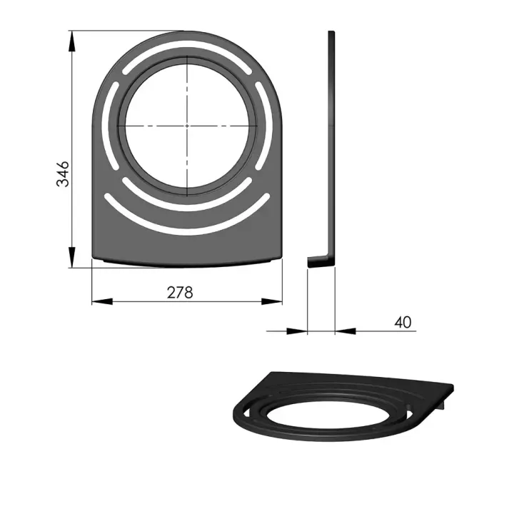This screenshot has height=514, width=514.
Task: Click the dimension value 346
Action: click(64, 174)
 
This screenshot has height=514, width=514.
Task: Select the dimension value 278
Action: click(180, 291)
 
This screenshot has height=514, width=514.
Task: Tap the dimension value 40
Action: click(403, 322)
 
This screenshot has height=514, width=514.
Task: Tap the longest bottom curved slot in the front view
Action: click(187, 225)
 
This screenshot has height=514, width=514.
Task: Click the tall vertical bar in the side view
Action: click(331, 143)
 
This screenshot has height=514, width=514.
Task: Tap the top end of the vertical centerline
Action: click(187, 54)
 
